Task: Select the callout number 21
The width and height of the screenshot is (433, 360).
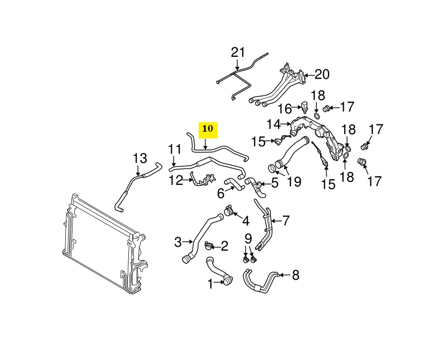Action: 238,53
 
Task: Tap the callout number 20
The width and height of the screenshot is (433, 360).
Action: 323,74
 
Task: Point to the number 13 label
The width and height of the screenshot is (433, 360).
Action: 139,158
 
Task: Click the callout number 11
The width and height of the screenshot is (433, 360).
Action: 175,150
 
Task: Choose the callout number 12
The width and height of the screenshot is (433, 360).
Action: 176,180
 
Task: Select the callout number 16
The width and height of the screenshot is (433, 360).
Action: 285,108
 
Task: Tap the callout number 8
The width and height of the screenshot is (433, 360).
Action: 296,275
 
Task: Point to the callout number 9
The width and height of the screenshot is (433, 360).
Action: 248,239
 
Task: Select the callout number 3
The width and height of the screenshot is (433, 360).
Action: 178,242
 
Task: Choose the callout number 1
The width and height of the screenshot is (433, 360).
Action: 211,284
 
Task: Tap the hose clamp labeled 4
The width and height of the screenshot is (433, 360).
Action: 229,210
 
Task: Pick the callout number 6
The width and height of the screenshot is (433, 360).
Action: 221,193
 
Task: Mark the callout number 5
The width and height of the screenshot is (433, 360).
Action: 275,183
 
